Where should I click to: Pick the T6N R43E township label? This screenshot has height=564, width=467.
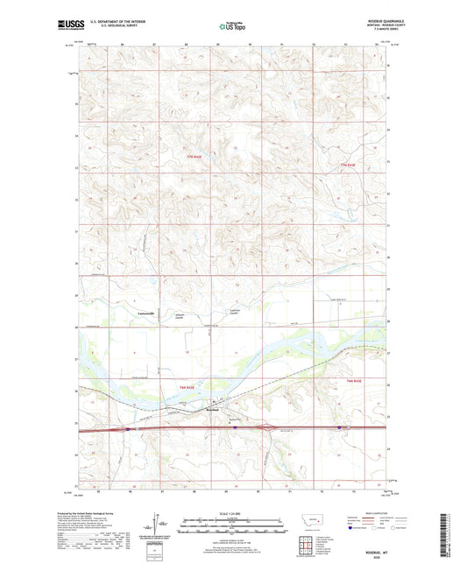point(353,382)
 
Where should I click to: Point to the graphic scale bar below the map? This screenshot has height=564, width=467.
point(233,526)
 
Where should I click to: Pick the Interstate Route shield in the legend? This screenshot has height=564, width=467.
point(356,529)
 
